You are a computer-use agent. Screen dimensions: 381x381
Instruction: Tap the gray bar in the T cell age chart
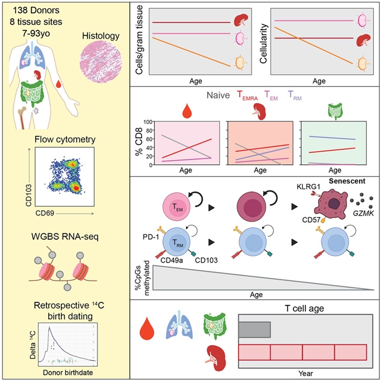[255, 329]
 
